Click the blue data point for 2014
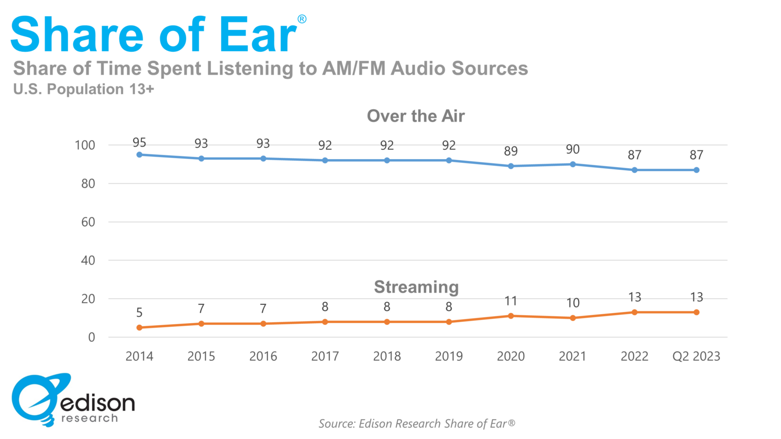tap(139, 154)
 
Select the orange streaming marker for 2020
tap(510, 316)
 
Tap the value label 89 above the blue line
tap(510, 151)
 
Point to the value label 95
tap(139, 143)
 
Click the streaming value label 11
tap(510, 301)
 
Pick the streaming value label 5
tap(139, 312)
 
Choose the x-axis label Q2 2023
tap(696, 356)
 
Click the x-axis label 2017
tap(325, 356)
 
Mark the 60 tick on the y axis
tap(88, 222)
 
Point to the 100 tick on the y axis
tap(85, 145)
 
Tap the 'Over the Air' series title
tap(415, 116)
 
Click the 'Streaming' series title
tap(416, 287)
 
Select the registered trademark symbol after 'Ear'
tap(302, 19)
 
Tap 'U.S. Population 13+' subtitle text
tap(83, 89)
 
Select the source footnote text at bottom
tap(416, 423)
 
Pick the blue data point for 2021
tap(573, 164)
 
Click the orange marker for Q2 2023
tap(696, 312)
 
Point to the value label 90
tap(573, 149)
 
